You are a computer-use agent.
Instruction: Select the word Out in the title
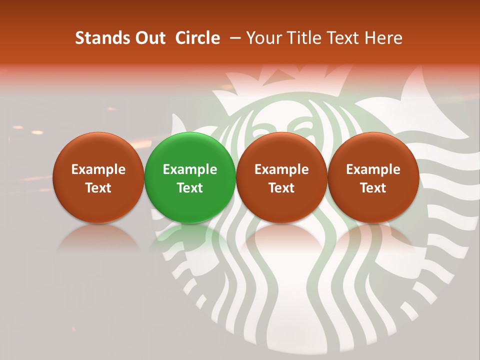coord(149,38)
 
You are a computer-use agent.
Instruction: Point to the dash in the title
coord(233,38)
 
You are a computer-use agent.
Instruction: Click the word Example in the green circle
coord(190,169)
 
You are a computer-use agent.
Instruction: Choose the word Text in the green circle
coord(190,188)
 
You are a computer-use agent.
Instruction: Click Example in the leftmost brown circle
coord(98,169)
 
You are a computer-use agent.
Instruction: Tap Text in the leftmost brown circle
coord(98,188)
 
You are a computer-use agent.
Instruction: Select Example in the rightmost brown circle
coord(373,169)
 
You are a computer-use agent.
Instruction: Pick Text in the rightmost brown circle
coord(373,188)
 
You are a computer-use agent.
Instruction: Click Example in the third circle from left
coord(281,169)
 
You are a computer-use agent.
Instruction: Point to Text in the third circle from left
coord(281,188)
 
